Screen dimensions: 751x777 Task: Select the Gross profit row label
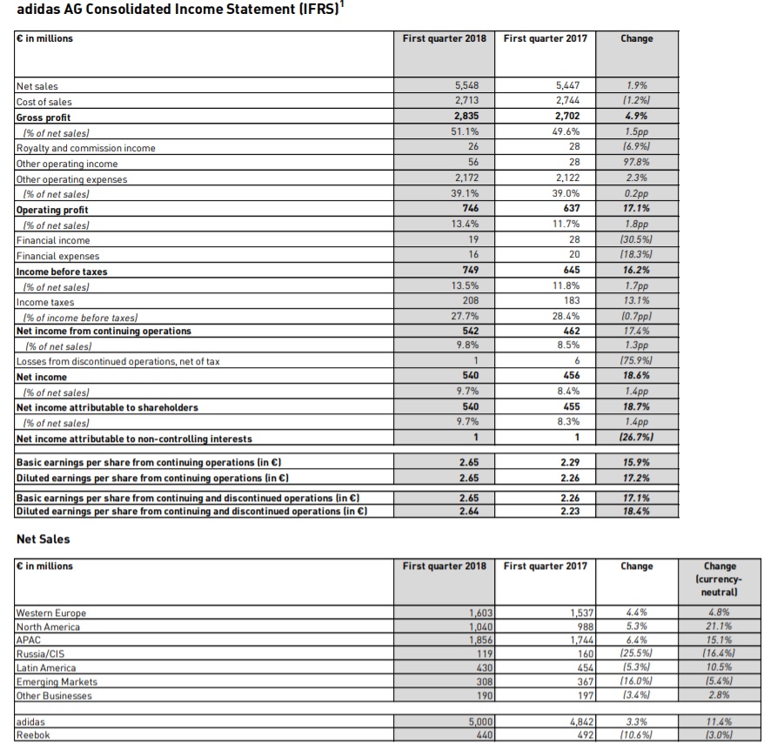[x=44, y=117]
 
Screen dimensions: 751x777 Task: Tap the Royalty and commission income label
[x=86, y=148]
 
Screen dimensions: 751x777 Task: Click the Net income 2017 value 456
[x=572, y=375]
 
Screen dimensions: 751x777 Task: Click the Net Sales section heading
[x=44, y=540]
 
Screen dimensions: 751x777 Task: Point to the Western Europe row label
[x=51, y=614]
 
